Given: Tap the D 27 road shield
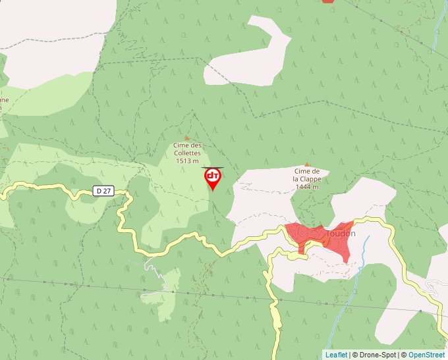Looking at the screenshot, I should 102,191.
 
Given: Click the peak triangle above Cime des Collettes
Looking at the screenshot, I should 186,138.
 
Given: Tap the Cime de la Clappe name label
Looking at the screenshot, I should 307,174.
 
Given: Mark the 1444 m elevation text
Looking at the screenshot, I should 307,186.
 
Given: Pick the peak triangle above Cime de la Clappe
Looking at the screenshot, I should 307,164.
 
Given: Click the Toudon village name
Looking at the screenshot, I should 341,233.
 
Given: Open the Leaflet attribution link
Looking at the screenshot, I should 336,355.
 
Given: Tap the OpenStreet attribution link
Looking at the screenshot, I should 426,355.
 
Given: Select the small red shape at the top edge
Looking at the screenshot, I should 327,1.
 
